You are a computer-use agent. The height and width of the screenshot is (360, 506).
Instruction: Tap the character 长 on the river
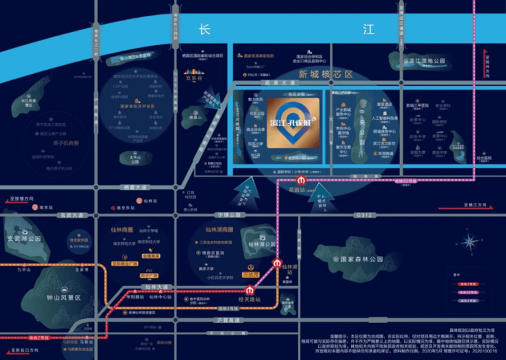[204, 30]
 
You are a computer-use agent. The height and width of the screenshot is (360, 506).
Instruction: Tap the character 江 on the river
[369, 29]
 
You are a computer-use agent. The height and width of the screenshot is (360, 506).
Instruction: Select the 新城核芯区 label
[325, 73]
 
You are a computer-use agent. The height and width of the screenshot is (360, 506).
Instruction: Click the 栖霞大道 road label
[132, 186]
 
